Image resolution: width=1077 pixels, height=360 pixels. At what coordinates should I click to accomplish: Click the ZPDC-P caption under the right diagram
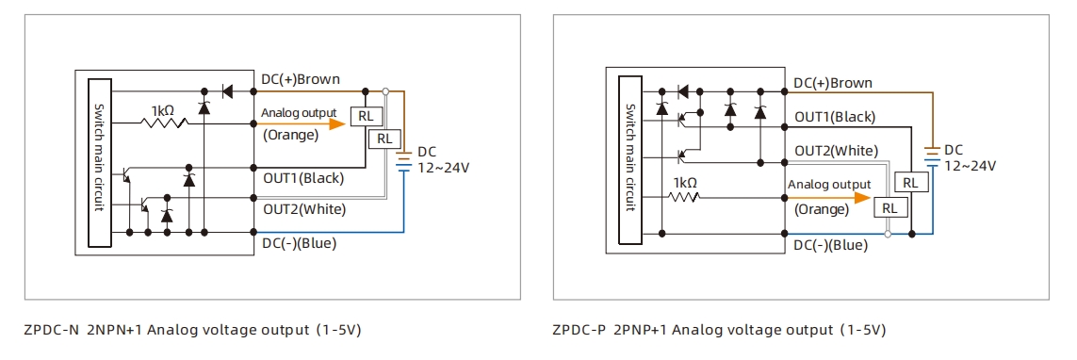point(719,330)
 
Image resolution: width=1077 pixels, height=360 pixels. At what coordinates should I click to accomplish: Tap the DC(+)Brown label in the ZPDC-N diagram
point(301,79)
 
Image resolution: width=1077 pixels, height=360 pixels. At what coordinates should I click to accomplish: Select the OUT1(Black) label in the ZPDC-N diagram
point(303,177)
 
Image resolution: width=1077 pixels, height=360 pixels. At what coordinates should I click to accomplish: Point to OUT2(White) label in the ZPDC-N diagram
point(304,208)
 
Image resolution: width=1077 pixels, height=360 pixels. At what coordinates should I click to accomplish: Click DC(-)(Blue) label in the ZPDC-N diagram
point(299,243)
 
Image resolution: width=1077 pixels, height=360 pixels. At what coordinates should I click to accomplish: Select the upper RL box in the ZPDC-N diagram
point(365,116)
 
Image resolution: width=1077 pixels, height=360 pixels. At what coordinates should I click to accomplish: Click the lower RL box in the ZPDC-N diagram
point(384,138)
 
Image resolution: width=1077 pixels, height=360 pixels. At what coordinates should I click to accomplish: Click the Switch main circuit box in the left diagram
point(99,162)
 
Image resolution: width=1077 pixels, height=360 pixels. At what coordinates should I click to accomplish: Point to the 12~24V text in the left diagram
point(442,168)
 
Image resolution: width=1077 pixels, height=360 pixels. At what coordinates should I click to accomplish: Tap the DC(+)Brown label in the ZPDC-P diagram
point(832,83)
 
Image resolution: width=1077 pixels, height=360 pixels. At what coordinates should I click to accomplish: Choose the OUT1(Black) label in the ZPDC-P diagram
point(834,117)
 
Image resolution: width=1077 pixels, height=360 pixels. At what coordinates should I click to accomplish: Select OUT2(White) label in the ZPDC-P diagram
point(836,151)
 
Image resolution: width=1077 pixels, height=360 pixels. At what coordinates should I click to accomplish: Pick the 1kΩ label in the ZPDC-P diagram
point(685,183)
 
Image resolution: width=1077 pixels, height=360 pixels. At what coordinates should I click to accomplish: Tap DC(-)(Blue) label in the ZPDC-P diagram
point(830,245)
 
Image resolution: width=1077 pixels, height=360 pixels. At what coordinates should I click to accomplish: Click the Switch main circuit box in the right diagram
point(631,158)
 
